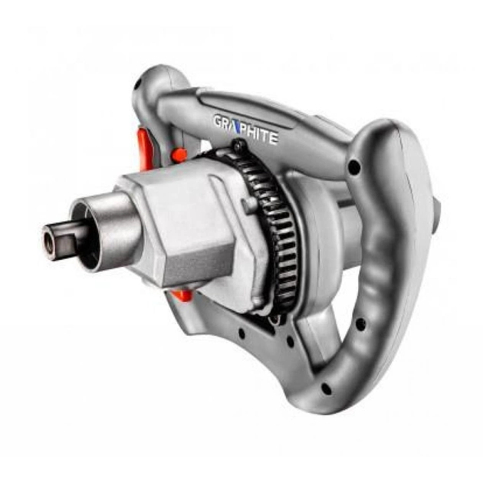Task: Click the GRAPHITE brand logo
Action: (246, 130)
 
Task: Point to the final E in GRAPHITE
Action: (274, 138)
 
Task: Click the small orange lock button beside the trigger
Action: (179, 155)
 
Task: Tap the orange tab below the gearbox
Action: (182, 295)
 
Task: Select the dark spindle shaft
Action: (61, 237)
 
